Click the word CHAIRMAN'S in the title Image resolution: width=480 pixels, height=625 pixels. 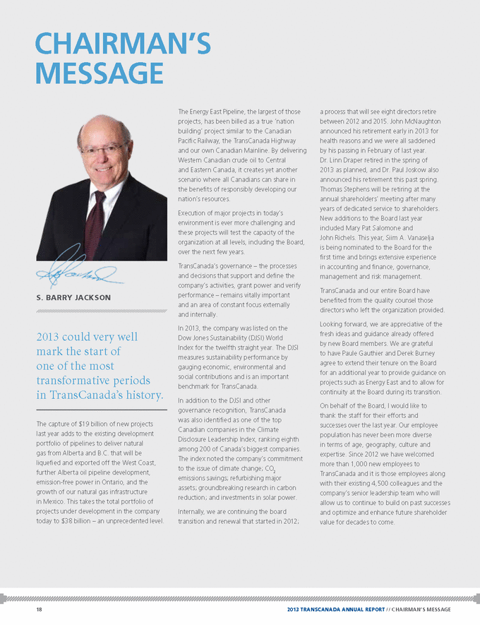coord(122,44)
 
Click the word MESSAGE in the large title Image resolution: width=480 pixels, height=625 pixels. coord(99,73)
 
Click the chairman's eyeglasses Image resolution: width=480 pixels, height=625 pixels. coord(104,149)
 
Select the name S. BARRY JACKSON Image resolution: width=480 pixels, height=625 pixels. coord(73,297)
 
